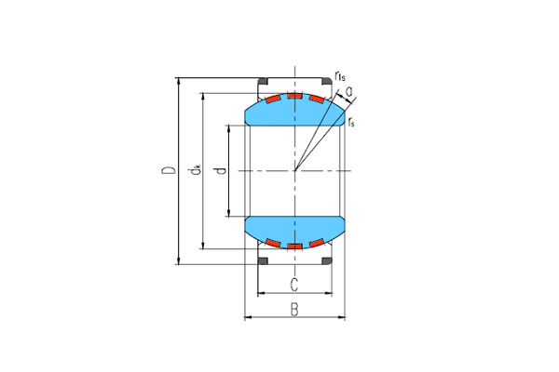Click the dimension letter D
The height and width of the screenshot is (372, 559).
[x=167, y=171]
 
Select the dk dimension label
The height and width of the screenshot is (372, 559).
[x=195, y=170]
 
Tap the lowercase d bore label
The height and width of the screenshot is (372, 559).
[x=219, y=170]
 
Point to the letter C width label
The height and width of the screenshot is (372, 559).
[x=294, y=284]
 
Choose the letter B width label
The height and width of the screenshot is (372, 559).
[x=294, y=309]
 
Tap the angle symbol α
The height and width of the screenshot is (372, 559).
[x=348, y=90]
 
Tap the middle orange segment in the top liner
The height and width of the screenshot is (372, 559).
[x=295, y=96]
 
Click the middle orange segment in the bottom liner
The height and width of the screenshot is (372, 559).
[x=295, y=246]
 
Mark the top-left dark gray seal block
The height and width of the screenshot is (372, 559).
[x=263, y=81]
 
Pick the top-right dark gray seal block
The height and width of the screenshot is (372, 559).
[x=327, y=81]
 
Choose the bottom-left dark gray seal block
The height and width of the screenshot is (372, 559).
[x=263, y=260]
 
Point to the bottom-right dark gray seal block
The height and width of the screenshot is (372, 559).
[x=327, y=260]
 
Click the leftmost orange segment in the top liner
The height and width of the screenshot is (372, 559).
[x=273, y=99]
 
